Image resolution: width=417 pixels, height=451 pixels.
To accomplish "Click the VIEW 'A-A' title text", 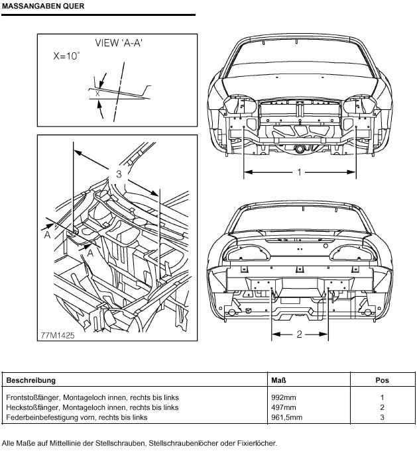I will (x=119, y=43).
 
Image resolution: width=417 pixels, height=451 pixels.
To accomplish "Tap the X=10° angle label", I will (x=66, y=57).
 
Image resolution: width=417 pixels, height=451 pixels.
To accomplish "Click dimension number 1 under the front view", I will (x=299, y=172).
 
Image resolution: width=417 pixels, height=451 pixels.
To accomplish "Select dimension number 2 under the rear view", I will (x=299, y=334).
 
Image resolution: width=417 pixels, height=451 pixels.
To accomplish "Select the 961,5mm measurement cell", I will (x=286, y=417).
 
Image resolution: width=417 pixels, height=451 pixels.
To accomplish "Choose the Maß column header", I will (x=278, y=381).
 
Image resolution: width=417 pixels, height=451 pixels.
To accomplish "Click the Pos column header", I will (x=382, y=381).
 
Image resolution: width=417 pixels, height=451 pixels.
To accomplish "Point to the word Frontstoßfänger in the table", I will (x=32, y=397).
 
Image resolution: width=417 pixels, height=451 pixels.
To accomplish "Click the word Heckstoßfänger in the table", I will (x=31, y=407).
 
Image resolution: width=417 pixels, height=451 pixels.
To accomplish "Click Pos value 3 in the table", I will (x=382, y=417).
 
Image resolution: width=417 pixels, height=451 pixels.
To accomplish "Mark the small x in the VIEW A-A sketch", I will (x=97, y=94).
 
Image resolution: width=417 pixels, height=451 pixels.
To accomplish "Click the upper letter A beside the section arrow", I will (x=47, y=234).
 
